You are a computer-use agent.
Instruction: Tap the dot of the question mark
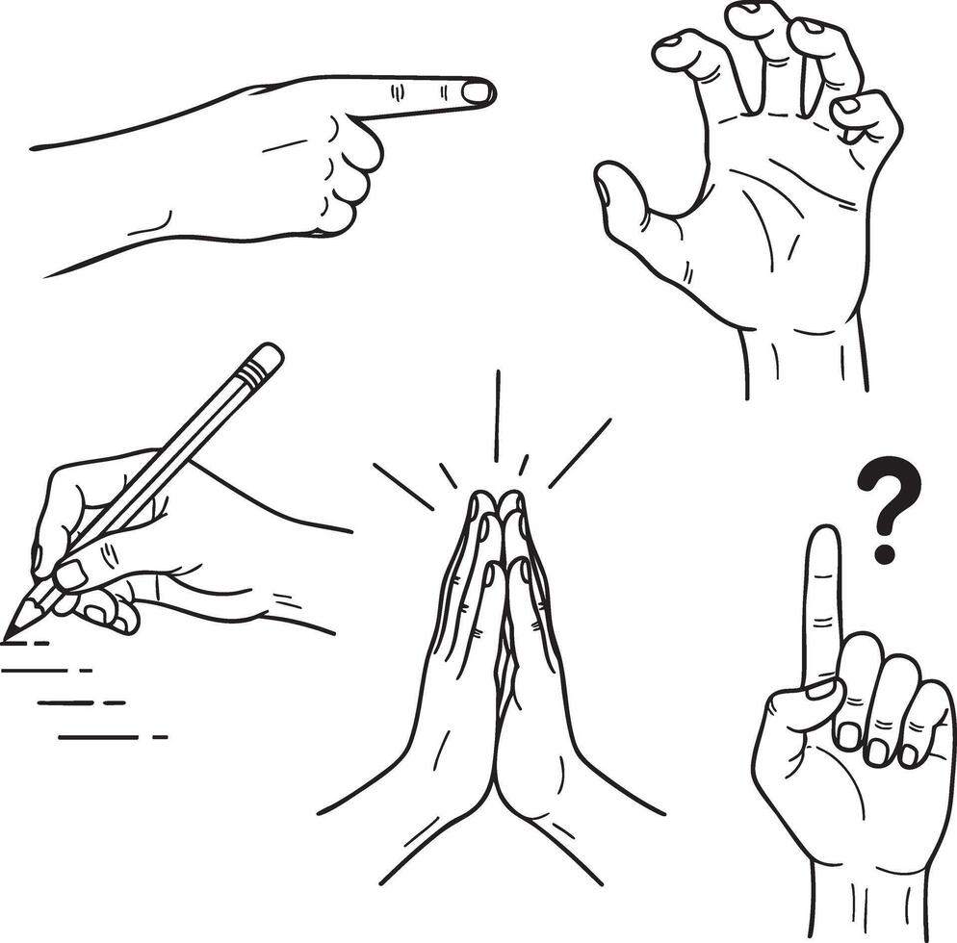(x=885, y=553)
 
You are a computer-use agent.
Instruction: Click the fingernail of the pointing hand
(x=477, y=92)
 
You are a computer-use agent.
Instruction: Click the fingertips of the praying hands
(x=498, y=502)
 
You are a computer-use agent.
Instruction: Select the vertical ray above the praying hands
(x=497, y=414)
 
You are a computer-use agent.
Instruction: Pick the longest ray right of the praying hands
(x=580, y=450)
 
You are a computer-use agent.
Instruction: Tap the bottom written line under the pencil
(x=111, y=737)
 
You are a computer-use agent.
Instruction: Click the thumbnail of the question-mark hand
(x=821, y=690)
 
